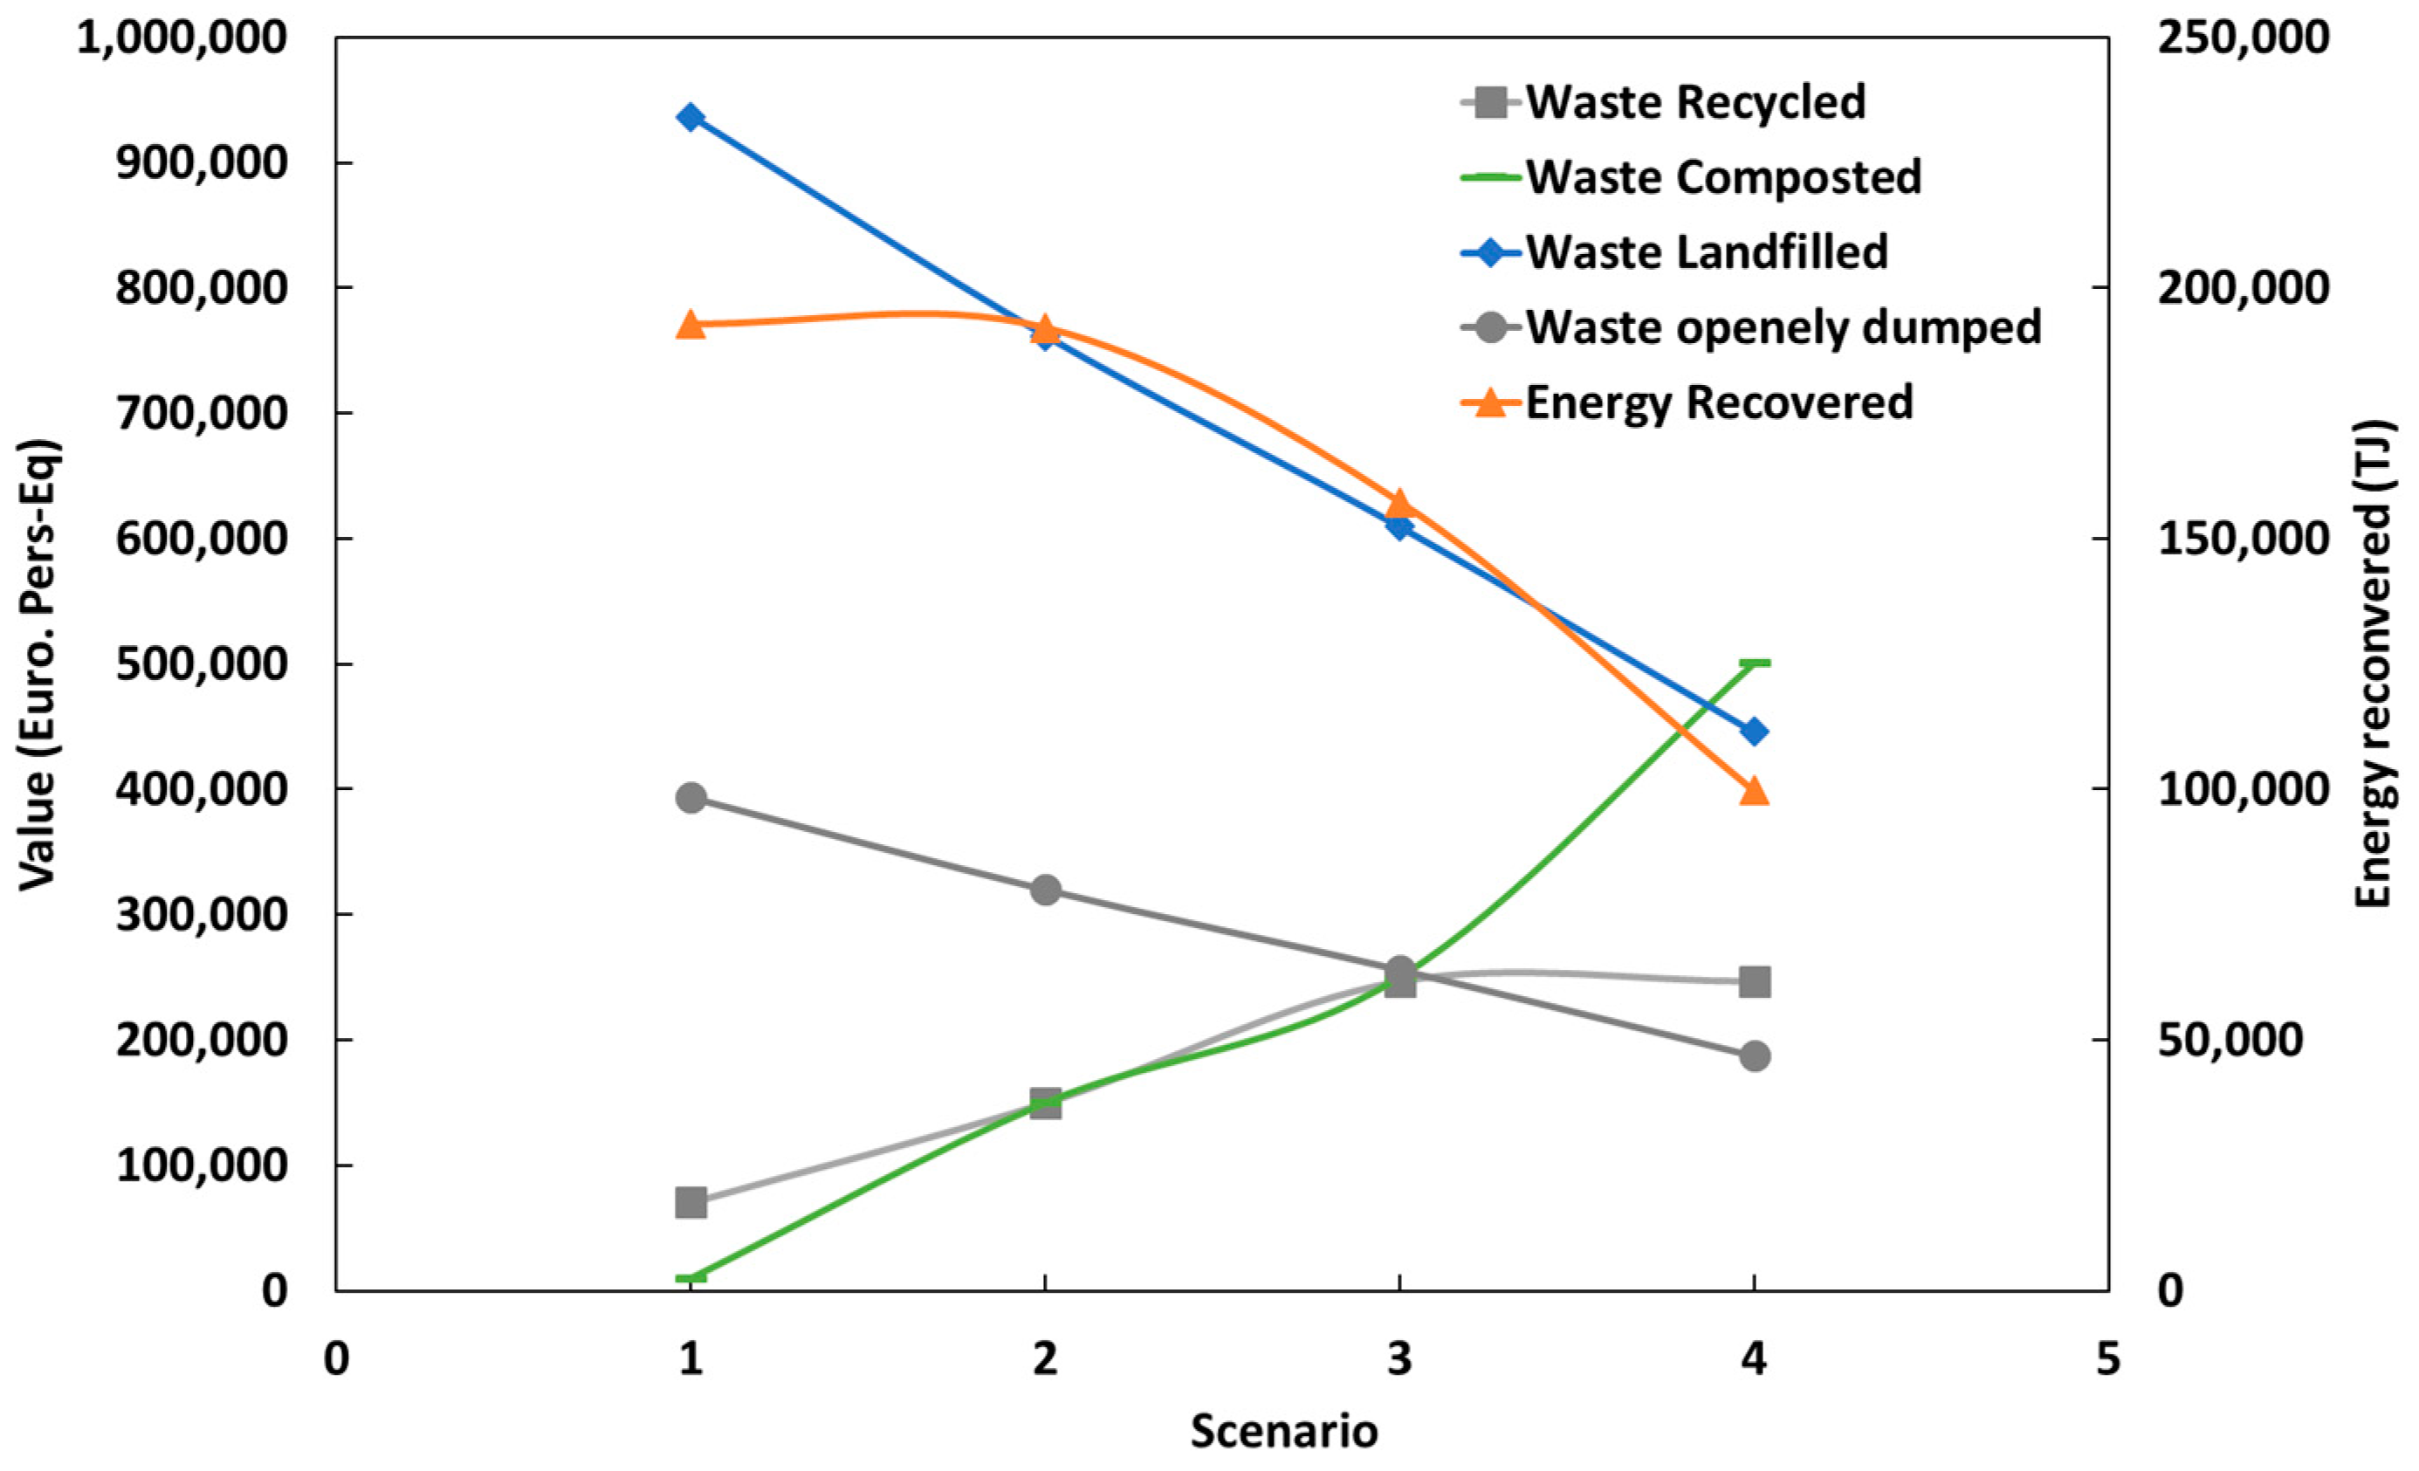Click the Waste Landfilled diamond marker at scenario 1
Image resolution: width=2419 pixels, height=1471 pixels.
point(691,118)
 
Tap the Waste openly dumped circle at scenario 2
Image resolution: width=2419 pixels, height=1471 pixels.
point(1046,890)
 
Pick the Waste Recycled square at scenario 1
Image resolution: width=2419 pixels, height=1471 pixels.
point(691,1202)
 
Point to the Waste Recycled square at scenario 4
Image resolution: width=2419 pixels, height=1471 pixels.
point(1754,981)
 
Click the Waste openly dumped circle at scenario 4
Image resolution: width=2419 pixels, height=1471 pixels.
point(1754,1056)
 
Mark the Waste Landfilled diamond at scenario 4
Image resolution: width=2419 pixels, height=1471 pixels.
point(1754,732)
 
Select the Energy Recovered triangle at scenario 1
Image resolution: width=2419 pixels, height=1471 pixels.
point(691,325)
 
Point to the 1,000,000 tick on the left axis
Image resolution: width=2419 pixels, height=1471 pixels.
point(182,38)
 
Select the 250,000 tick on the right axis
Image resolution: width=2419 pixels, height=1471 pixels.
point(2243,38)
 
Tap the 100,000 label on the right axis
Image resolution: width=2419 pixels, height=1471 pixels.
point(2243,789)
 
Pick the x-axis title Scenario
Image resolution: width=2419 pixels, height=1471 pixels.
point(1284,1431)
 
